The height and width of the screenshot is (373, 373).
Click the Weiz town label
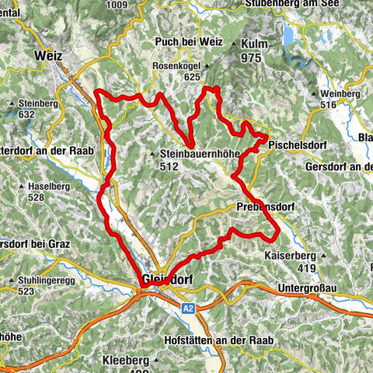47,56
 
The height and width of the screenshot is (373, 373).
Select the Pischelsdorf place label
299,145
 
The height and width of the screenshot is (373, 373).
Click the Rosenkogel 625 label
178,71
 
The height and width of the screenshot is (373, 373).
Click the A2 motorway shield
188,309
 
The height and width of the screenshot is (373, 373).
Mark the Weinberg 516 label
341,99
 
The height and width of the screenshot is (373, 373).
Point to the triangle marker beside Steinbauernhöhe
153,154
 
